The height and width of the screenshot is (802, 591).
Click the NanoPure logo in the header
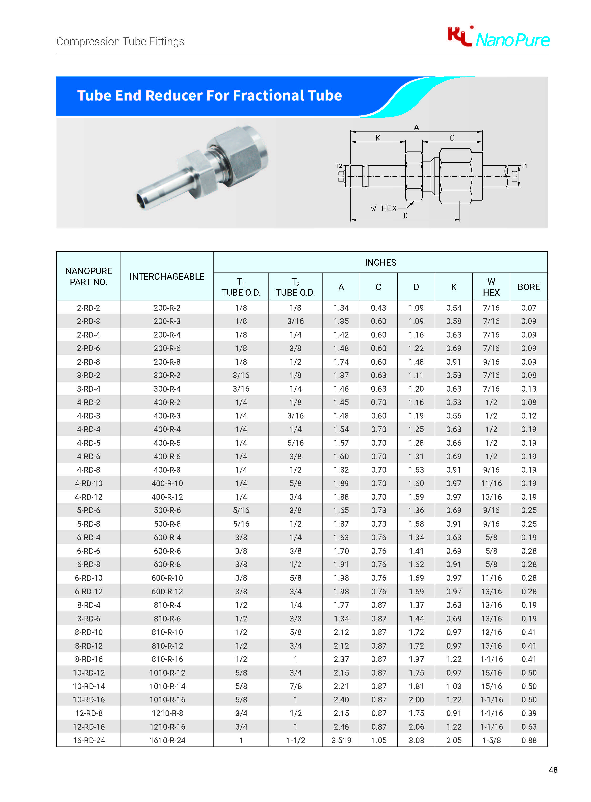point(498,38)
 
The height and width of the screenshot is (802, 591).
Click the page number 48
point(553,769)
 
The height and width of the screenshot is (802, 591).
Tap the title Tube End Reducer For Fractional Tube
point(209,96)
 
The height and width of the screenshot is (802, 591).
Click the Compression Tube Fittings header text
point(120,41)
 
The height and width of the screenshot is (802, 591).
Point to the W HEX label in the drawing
point(384,208)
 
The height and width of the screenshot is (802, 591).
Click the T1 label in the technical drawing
point(524,166)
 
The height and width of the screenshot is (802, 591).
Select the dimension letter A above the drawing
point(416,128)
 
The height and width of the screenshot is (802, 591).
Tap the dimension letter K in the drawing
point(378,138)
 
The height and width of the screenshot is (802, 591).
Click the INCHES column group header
point(380,262)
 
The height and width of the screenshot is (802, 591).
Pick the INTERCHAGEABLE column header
point(167,277)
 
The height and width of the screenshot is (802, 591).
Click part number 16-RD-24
point(89,740)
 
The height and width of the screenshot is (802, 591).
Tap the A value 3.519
point(341,740)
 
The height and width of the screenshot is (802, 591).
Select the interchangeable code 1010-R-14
point(167,686)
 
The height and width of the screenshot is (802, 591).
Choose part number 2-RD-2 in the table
point(88,308)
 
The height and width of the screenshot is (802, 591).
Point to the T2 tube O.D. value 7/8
point(295,686)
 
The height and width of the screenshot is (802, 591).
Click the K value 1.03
point(454,686)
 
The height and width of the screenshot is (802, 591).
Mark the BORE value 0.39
point(528,713)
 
